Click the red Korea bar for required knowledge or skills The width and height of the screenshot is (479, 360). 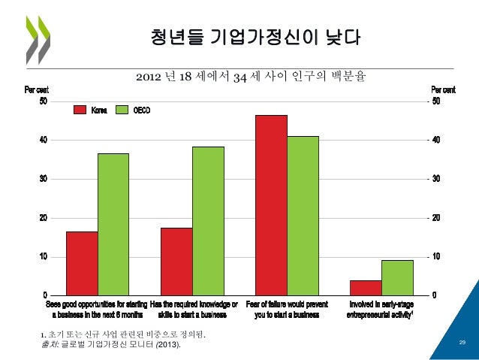click(x=176, y=261)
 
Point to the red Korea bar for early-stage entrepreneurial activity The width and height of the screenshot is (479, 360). click(x=366, y=287)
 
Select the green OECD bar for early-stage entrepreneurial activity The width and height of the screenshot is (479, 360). click(x=397, y=277)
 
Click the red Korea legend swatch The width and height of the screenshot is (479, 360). click(x=80, y=110)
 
